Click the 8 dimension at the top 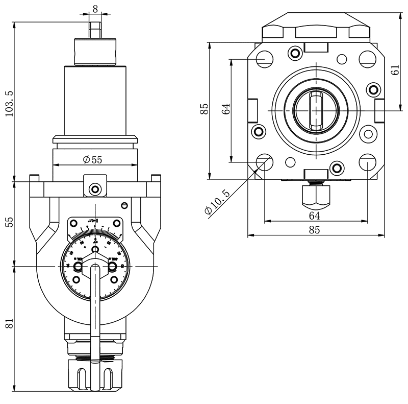(95, 9)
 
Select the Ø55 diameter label (92, 159)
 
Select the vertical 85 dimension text (205, 109)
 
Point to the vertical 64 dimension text (227, 108)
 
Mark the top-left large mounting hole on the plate (264, 59)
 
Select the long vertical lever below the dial (95, 306)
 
